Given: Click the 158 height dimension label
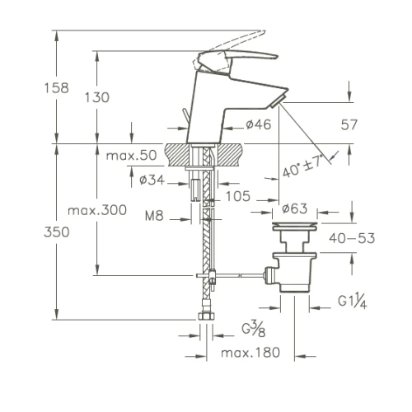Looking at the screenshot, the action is tap(57, 88).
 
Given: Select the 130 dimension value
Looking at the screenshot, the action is tap(97, 97).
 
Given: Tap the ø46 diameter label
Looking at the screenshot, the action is tap(259, 124).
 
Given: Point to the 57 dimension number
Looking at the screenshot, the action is tap(349, 124).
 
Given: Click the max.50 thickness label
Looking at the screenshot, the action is tap(131, 156).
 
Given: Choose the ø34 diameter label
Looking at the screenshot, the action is tap(152, 180).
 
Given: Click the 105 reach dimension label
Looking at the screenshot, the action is tap(238, 196).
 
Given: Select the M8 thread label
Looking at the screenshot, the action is tap(154, 216).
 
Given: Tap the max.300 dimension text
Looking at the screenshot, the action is tap(97, 210).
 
